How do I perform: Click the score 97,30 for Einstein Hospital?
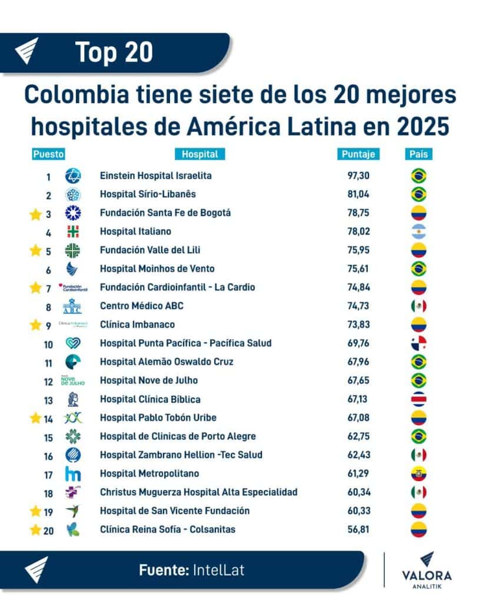(358, 175)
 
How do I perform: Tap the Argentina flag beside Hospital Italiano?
(418, 231)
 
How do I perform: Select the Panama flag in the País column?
(418, 343)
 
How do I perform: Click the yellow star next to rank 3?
(35, 213)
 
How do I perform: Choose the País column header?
(418, 154)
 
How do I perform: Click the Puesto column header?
(48, 154)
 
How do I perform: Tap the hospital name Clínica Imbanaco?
(137, 324)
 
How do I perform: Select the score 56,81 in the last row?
(358, 529)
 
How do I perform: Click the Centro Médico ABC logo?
(73, 306)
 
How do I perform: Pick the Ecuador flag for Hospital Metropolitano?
(418, 473)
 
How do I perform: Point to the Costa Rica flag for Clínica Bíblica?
(418, 399)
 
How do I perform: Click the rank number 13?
(48, 399)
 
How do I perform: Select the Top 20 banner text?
(114, 52)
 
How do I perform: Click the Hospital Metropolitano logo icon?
(73, 473)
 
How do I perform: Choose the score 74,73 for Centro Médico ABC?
(358, 306)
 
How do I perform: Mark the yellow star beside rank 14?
(35, 418)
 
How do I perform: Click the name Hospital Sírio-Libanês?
(148, 194)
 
